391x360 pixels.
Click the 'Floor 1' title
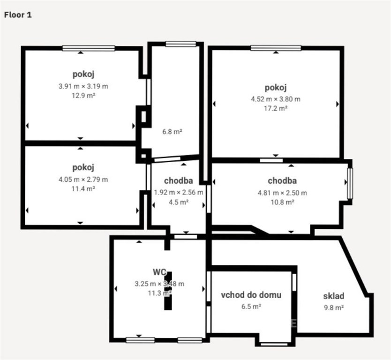(x=18, y=15)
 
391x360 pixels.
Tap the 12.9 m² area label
(x=83, y=96)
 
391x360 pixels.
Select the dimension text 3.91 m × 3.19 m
(x=83, y=86)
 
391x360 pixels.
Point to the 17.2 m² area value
(x=276, y=108)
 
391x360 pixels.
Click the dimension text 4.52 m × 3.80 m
(x=276, y=99)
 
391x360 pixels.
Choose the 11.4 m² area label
(x=83, y=189)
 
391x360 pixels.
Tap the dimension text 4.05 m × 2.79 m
(x=83, y=180)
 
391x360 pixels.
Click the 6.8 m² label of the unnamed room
(x=172, y=132)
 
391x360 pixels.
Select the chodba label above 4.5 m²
(x=179, y=180)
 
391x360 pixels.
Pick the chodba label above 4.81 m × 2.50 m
(x=282, y=180)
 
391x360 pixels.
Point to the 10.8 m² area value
(x=282, y=202)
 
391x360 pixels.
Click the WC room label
(x=159, y=272)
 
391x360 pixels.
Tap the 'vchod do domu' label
(x=251, y=295)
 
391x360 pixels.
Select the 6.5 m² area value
(x=251, y=307)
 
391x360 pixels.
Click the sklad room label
(x=334, y=296)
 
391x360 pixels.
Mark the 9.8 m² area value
(x=334, y=307)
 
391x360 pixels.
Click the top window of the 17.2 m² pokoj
(x=276, y=48)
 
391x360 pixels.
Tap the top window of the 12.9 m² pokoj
(x=89, y=48)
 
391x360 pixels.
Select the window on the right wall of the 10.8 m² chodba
(x=350, y=183)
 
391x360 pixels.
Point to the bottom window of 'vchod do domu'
(x=274, y=344)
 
